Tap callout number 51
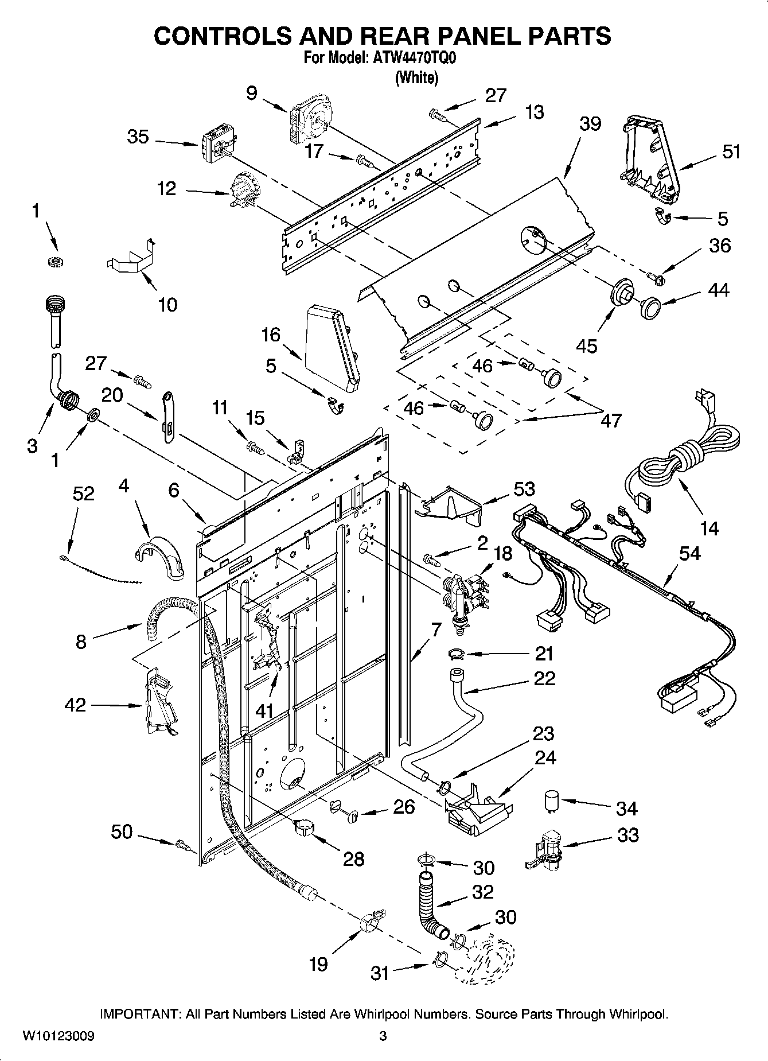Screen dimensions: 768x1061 (x=731, y=152)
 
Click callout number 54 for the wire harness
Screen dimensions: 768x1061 (x=689, y=554)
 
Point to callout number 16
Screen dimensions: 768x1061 (x=271, y=335)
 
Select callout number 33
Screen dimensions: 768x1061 (x=627, y=835)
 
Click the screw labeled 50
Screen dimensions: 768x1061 (x=182, y=844)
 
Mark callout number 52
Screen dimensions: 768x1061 (x=83, y=493)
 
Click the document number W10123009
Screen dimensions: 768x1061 (x=58, y=1036)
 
